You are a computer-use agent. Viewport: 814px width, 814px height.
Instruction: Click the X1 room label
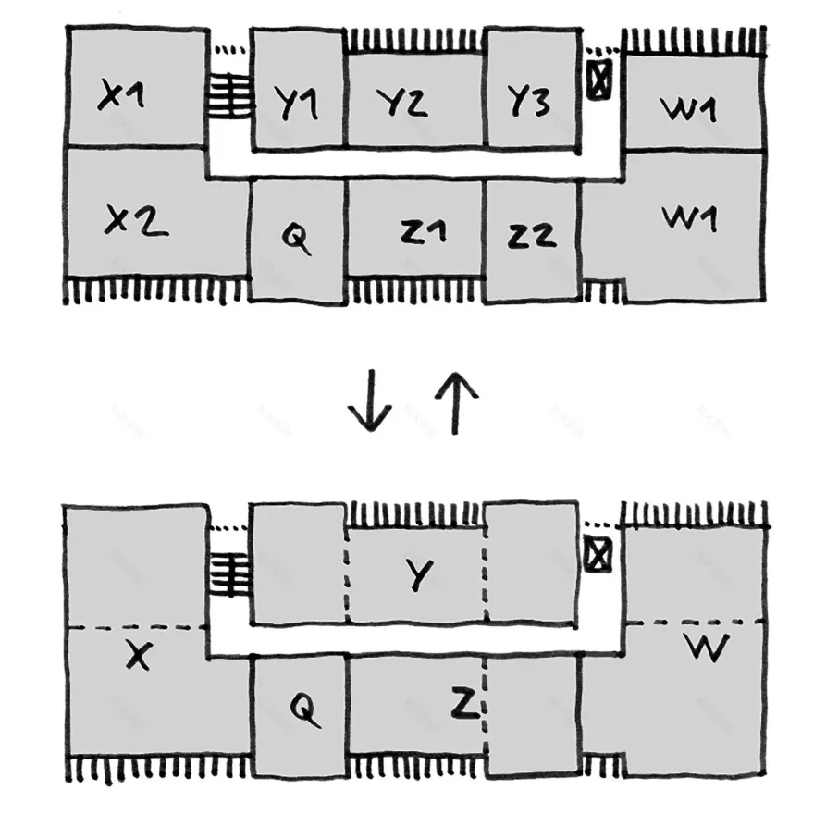[120, 96]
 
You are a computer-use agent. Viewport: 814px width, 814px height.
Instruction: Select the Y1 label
[297, 104]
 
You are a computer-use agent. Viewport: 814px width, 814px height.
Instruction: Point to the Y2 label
[402, 104]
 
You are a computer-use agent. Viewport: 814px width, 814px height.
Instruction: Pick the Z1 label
[423, 231]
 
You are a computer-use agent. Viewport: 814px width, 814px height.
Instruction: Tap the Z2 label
[532, 235]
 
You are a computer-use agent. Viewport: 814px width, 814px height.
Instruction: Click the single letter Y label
[418, 575]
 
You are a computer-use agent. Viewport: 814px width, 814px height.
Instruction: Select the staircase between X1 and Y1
[229, 96]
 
